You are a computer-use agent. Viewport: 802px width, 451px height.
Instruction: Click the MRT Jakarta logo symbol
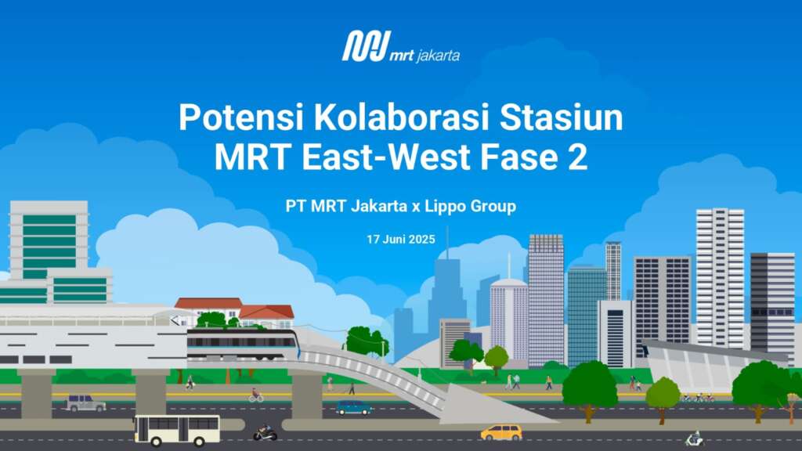(366, 46)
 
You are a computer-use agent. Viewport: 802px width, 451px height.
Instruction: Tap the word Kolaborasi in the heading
(402, 117)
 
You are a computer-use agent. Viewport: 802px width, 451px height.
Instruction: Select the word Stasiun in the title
(561, 117)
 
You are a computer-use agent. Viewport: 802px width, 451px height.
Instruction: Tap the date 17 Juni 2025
(401, 240)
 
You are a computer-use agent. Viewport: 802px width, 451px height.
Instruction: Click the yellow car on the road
(501, 432)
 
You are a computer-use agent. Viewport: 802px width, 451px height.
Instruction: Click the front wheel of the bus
(200, 442)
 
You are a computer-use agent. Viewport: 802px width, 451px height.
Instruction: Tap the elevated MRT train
(242, 345)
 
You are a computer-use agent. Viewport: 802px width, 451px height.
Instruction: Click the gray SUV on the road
(85, 403)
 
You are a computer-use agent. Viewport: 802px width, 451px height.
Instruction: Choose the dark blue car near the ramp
(353, 407)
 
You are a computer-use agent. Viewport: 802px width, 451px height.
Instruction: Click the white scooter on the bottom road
(694, 438)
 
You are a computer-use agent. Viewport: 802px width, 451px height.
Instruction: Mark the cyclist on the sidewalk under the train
(256, 395)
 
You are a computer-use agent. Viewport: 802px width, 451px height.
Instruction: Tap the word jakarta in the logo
(439, 56)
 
